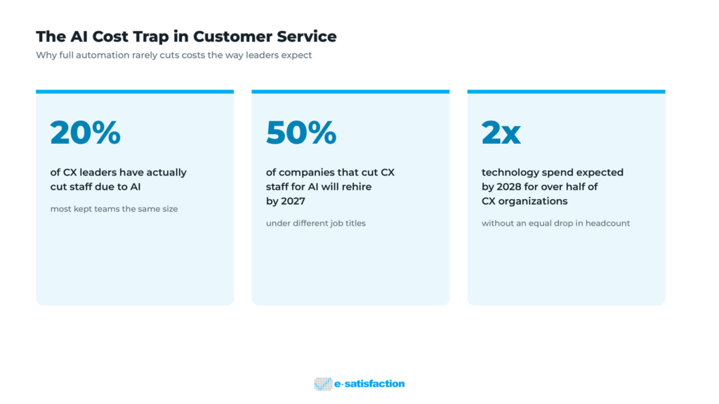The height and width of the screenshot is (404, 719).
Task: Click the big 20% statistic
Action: [85, 133]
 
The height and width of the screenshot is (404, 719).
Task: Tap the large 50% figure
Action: [301, 133]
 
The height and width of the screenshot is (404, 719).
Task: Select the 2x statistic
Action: [501, 133]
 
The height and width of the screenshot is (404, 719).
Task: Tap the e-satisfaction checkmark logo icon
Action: [323, 384]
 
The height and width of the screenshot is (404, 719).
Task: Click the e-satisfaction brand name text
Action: [369, 384]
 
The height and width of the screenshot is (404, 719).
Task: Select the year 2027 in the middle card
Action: [292, 201]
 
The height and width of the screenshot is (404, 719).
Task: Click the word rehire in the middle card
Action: [356, 187]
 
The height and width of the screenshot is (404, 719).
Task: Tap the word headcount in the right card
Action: [607, 224]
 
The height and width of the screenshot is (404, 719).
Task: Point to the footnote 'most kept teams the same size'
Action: [114, 209]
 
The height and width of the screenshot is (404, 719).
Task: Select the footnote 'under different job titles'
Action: [316, 224]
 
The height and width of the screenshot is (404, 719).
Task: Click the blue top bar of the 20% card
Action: [135, 92]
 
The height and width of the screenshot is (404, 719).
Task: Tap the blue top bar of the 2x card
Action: [567, 92]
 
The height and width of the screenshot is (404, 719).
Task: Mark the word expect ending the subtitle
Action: [297, 56]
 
